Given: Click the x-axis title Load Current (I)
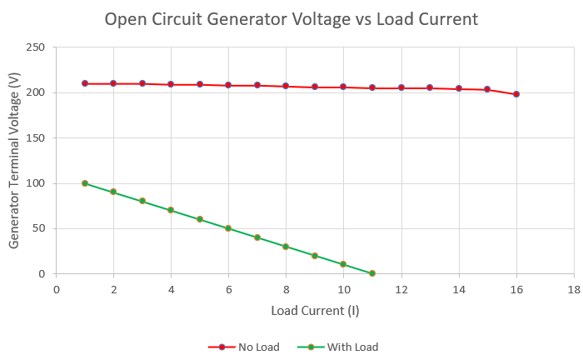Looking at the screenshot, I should pos(314,311).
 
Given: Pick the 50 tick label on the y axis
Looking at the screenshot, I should pos(38,228).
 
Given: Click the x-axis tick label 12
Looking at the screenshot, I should pos(401,289).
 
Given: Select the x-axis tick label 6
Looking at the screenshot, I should pos(228,289).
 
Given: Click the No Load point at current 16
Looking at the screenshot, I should pos(516,94).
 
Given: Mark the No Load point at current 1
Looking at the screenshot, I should pos(85,83).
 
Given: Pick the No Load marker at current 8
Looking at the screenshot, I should pos(286,86).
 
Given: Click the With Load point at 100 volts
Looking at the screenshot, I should pos(85,183).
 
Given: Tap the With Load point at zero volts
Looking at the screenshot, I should pos(372,273).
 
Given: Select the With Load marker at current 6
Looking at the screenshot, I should pos(228,228).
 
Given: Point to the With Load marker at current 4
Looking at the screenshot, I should pos(171,210).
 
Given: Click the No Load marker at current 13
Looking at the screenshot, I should pos(430,87).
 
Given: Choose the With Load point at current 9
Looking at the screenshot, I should pos(315,256).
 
